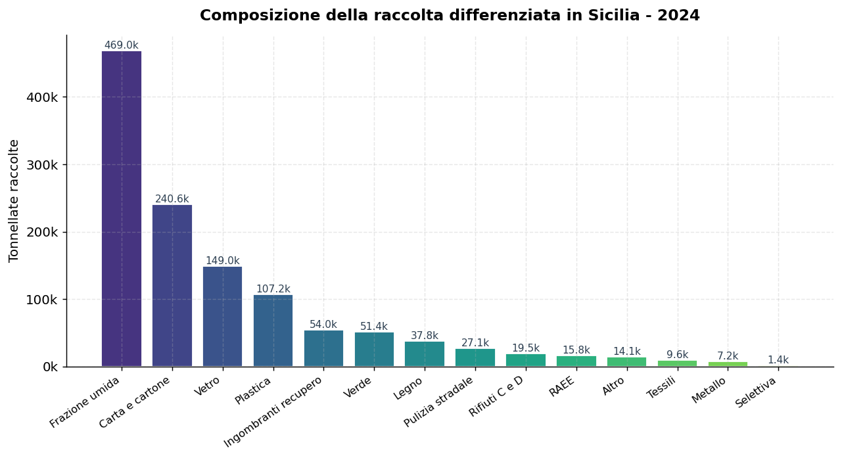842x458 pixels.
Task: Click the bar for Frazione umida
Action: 122,209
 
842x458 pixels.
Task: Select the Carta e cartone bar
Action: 172,286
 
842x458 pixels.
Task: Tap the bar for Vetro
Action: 223,317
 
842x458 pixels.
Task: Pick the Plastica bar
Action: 273,331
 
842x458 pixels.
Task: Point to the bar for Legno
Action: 425,354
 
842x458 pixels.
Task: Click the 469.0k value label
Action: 122,45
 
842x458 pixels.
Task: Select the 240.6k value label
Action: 172,199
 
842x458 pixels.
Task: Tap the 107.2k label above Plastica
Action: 273,289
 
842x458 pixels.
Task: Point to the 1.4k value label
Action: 778,360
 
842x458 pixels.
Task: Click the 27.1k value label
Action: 475,343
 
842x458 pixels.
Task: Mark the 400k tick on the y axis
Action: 42,97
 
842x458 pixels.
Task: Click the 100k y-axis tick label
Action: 42,300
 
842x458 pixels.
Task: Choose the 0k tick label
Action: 50,367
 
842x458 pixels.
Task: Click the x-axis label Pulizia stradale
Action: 439,401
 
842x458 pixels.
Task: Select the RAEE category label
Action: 563,387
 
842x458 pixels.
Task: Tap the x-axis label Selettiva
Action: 756,392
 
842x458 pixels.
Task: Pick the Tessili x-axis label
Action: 661,389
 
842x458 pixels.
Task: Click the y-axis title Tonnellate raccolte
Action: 14,200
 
